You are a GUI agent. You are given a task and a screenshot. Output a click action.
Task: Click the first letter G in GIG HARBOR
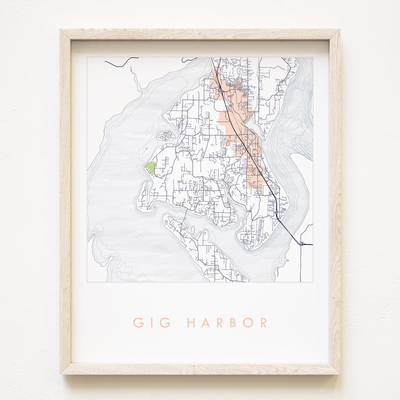(139, 323)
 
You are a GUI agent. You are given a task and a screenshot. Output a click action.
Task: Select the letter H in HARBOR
(192, 323)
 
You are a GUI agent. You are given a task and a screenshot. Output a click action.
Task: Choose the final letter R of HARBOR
(263, 323)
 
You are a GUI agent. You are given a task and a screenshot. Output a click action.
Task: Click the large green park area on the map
(150, 167)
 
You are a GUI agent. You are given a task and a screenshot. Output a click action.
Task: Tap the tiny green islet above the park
(147, 149)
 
